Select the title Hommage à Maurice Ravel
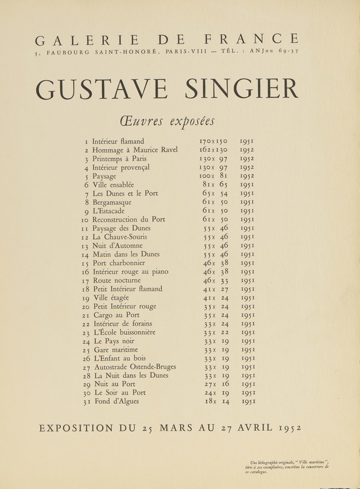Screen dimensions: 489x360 click(135, 150)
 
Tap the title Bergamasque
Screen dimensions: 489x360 click(112, 202)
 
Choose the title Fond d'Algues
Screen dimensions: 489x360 click(115, 402)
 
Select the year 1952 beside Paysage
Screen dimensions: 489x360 click(247, 176)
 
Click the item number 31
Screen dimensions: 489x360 click(85, 402)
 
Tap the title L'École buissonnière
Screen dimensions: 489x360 click(125, 332)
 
